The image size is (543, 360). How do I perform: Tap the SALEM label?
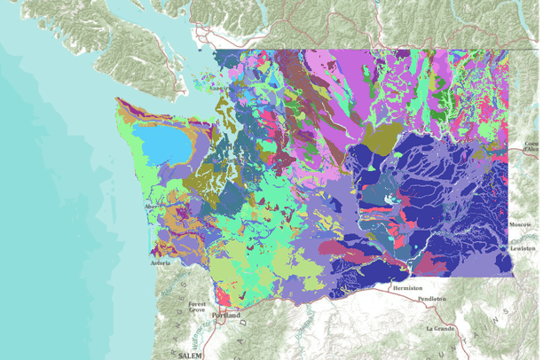(x=187, y=354)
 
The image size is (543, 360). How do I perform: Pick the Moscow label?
(x=521, y=225)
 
